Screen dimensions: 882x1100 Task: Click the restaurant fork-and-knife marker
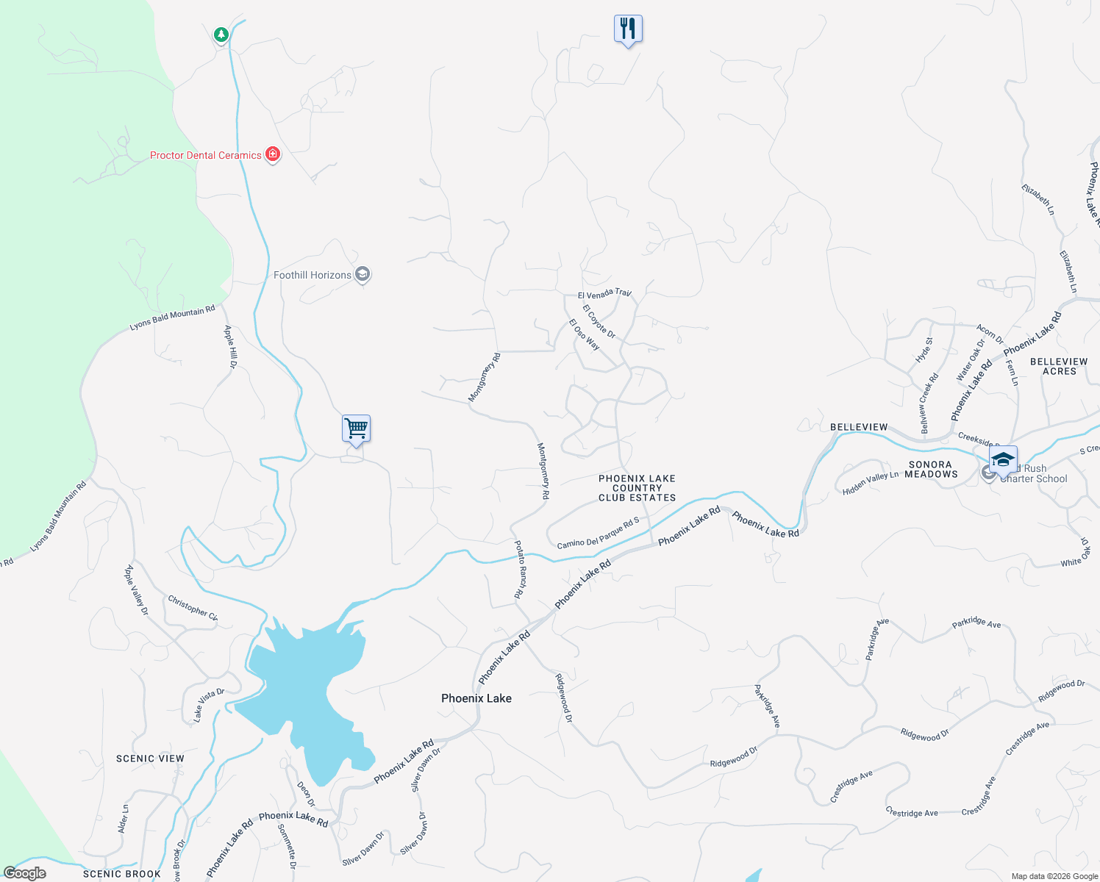tap(628, 29)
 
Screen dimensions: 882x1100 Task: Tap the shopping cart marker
tap(356, 429)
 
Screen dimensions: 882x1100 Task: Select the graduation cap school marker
tap(1003, 460)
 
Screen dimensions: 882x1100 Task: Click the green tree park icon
tap(221, 35)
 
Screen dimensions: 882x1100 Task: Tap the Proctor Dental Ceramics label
tap(205, 155)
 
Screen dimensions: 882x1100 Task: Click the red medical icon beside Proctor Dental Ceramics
tap(273, 154)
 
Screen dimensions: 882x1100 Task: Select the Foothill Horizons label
tap(312, 275)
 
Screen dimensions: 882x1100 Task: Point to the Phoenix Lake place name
tap(476, 698)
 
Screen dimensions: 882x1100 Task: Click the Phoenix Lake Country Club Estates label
tap(637, 488)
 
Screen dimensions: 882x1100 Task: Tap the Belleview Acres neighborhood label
tap(1059, 366)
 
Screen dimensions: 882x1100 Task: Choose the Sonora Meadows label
tap(931, 469)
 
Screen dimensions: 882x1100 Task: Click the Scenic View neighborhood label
tap(150, 759)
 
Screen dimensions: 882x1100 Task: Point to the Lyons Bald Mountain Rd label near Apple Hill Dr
tap(172, 318)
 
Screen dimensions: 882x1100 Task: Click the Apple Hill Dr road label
tap(231, 347)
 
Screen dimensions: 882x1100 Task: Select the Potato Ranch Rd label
tap(520, 570)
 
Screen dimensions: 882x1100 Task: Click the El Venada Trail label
tap(604, 294)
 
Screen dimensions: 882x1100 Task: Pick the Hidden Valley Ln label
tap(871, 483)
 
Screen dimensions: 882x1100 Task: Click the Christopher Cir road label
tap(193, 608)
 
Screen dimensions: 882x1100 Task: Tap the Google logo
tap(25, 873)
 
